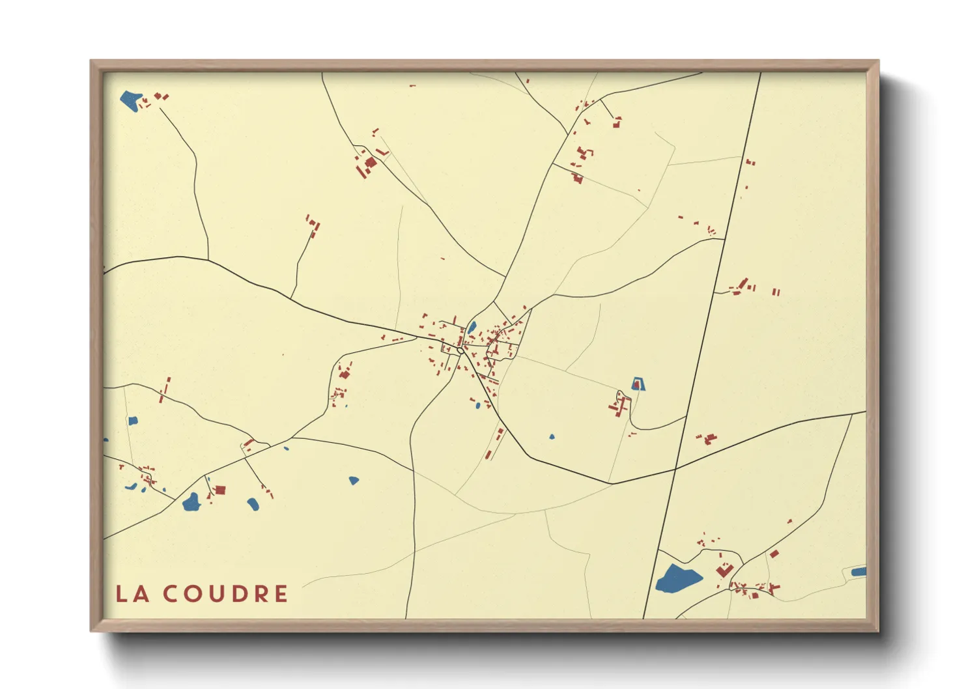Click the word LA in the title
point(132,594)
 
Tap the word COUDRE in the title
point(225,594)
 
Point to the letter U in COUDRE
point(214,594)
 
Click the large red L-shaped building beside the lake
point(724,570)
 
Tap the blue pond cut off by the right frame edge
point(859,572)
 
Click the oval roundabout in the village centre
point(461,351)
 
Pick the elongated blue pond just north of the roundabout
point(472,327)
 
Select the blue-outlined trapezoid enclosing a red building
point(638,384)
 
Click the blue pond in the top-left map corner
point(130,100)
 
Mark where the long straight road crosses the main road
point(675,468)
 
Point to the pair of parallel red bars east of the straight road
point(776,292)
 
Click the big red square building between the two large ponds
point(220,490)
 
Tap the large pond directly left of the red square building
point(191,503)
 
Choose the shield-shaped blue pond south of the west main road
point(354,481)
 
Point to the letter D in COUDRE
point(237,594)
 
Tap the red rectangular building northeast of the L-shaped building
point(774,554)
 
